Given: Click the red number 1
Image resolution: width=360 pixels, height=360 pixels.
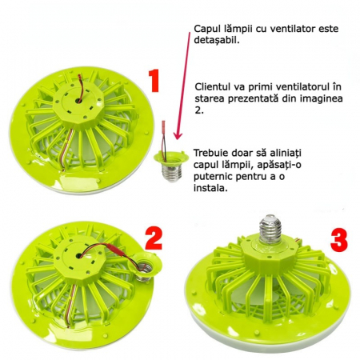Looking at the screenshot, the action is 154,81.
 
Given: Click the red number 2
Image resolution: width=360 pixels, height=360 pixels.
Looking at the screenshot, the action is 153,238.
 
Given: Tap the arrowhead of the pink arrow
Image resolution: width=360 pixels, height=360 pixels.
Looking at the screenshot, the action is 178,134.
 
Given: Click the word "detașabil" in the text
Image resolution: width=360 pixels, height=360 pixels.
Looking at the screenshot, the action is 215,41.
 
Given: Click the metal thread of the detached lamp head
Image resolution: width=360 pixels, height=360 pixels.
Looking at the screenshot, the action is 172,172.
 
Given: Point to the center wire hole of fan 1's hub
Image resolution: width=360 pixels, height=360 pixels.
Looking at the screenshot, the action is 78,101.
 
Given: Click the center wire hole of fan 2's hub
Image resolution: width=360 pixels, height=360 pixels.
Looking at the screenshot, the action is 79,256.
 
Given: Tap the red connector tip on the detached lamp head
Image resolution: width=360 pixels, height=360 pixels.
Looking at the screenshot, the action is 163,125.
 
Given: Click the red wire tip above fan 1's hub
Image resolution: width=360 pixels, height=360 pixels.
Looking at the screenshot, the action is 78,78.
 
